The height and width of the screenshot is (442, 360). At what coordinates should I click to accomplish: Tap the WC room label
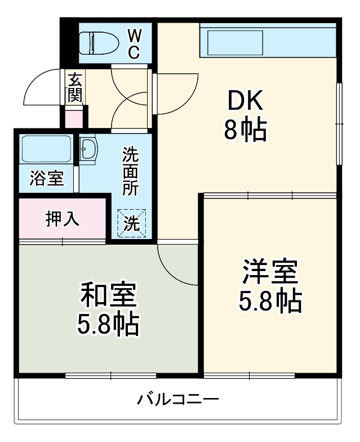(134, 44)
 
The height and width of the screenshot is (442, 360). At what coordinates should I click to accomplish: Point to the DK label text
(245, 103)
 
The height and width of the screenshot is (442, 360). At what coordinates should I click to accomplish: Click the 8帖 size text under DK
(245, 131)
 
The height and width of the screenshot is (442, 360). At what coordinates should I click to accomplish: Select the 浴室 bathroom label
(47, 180)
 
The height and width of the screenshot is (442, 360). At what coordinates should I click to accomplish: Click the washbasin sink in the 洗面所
(88, 150)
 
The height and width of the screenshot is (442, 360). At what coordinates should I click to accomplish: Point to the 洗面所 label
(131, 170)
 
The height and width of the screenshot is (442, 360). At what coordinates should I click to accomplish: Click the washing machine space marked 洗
(131, 223)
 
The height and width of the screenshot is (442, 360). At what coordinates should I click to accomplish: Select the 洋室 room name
(270, 272)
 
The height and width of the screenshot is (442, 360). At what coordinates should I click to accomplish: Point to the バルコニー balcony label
(177, 401)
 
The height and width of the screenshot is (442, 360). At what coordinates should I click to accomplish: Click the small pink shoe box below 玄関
(73, 119)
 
